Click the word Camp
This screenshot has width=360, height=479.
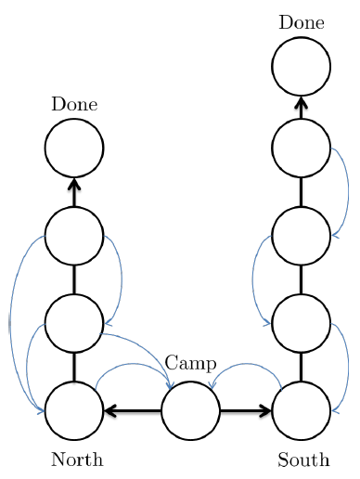pyautogui.click(x=190, y=363)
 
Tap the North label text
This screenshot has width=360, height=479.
pyautogui.click(x=77, y=460)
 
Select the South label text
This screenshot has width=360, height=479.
pyautogui.click(x=303, y=460)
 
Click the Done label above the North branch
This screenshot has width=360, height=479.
pyautogui.click(x=74, y=104)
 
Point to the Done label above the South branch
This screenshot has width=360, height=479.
pyautogui.click(x=302, y=22)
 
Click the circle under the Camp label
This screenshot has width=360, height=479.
pyautogui.click(x=190, y=410)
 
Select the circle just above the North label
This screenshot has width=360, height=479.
pyautogui.click(x=74, y=410)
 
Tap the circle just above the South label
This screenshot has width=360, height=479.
pyautogui.click(x=302, y=410)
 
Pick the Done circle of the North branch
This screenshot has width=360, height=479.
pyautogui.click(x=74, y=148)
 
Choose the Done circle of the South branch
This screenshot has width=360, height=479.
pyautogui.click(x=302, y=66)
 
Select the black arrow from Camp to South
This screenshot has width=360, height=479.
pyautogui.click(x=247, y=410)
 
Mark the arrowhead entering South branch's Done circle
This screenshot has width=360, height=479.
pyautogui.click(x=302, y=102)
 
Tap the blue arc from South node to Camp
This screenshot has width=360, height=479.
pyautogui.click(x=247, y=365)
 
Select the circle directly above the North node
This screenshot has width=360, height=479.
pyautogui.click(x=74, y=323)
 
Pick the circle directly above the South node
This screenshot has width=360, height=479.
pyautogui.click(x=302, y=323)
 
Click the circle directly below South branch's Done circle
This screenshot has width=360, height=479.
pyautogui.click(x=302, y=148)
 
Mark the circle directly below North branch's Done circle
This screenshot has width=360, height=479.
pyautogui.click(x=74, y=236)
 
